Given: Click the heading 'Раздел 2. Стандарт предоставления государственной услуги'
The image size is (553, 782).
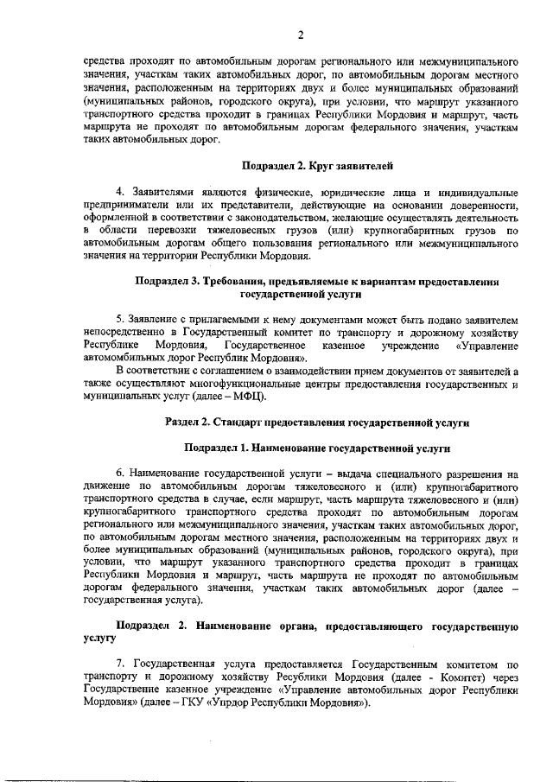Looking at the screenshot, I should [317, 423].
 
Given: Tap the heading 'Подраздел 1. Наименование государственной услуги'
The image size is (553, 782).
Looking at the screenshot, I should [317, 448].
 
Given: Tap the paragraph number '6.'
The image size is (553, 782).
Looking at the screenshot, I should [120, 474].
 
